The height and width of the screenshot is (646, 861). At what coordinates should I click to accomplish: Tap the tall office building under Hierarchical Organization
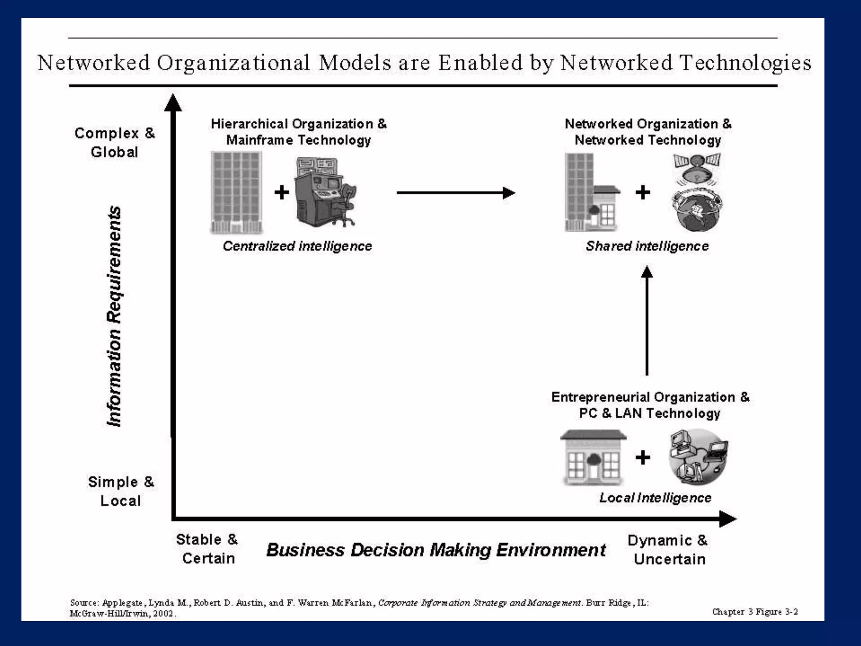click(x=236, y=192)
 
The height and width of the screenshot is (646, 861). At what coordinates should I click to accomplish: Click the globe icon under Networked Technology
click(x=697, y=210)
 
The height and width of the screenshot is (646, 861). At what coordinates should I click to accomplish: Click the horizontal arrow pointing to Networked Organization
click(x=456, y=193)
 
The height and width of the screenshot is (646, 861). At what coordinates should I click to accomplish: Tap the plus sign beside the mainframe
click(x=282, y=193)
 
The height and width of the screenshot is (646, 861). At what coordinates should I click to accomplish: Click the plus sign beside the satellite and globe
click(x=642, y=193)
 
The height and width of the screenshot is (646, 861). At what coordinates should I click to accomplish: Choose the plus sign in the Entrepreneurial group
click(x=642, y=457)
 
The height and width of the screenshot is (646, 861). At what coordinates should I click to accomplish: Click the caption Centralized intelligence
click(x=297, y=246)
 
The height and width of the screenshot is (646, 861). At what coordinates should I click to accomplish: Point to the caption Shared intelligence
click(x=647, y=246)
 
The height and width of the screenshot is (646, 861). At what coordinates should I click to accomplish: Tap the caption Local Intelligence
click(x=655, y=498)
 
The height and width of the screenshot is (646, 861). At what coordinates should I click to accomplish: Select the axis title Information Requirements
click(x=114, y=316)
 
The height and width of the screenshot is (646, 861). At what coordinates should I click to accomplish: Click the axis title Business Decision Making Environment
click(x=436, y=550)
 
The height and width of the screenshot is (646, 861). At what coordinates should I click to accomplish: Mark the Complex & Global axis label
click(x=114, y=142)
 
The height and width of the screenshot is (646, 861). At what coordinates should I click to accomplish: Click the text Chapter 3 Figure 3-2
click(x=755, y=612)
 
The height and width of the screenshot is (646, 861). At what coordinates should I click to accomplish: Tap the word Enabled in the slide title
click(x=480, y=63)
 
